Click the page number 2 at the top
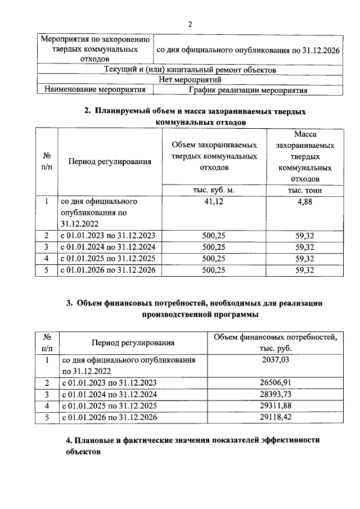click(190, 24)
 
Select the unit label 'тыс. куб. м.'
click(216, 190)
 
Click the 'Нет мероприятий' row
click(190, 80)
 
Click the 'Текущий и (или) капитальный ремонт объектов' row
click(190, 70)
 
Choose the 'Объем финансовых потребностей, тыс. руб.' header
click(275, 343)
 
